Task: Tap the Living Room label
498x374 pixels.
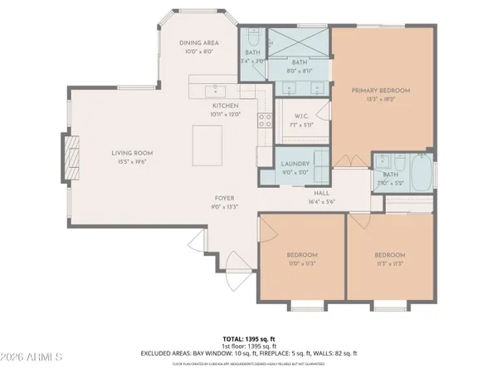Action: tap(133, 153)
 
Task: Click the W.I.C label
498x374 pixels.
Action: tap(301, 116)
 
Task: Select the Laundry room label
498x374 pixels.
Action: tap(295, 165)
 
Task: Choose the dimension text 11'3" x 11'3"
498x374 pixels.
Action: tap(389, 263)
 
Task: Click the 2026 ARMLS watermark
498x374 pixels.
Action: tap(33, 357)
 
